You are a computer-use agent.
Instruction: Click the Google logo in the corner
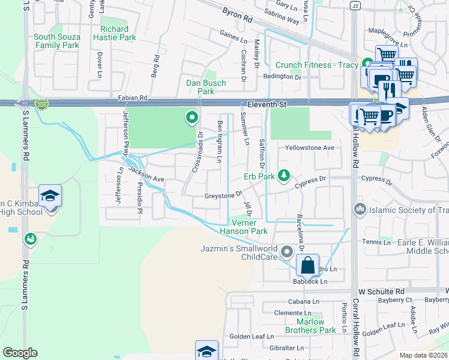[20, 353]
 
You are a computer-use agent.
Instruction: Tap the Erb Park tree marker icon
[285, 176]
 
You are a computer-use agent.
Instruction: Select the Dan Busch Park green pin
[192, 118]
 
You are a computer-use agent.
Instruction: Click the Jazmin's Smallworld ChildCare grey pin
[286, 251]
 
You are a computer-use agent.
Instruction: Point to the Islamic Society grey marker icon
[360, 210]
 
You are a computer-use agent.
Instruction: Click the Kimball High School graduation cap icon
[50, 196]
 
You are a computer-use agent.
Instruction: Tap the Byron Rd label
[238, 14]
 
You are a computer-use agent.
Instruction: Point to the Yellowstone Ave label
[309, 148]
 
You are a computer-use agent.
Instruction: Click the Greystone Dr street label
[223, 194]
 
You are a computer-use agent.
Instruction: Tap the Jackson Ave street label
[146, 175]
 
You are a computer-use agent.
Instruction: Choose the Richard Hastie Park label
[115, 33]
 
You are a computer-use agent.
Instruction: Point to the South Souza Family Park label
[56, 41]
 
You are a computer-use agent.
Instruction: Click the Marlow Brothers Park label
[310, 326]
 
